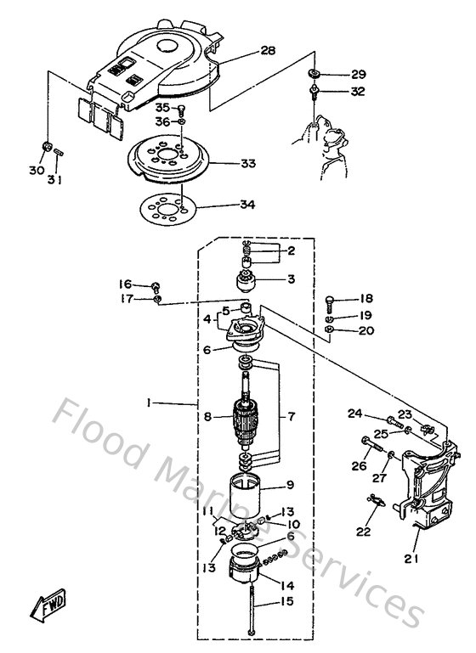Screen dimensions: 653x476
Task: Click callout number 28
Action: [268, 51]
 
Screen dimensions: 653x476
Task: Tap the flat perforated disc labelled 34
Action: [166, 206]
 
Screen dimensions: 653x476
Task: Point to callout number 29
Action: [358, 75]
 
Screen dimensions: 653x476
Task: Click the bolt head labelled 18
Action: [331, 300]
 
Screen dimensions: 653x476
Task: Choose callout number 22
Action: [364, 532]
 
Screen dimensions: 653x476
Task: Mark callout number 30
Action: [37, 171]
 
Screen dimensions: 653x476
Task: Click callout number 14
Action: [286, 584]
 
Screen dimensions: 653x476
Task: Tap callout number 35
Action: [161, 108]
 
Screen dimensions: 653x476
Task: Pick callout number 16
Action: [125, 284]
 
